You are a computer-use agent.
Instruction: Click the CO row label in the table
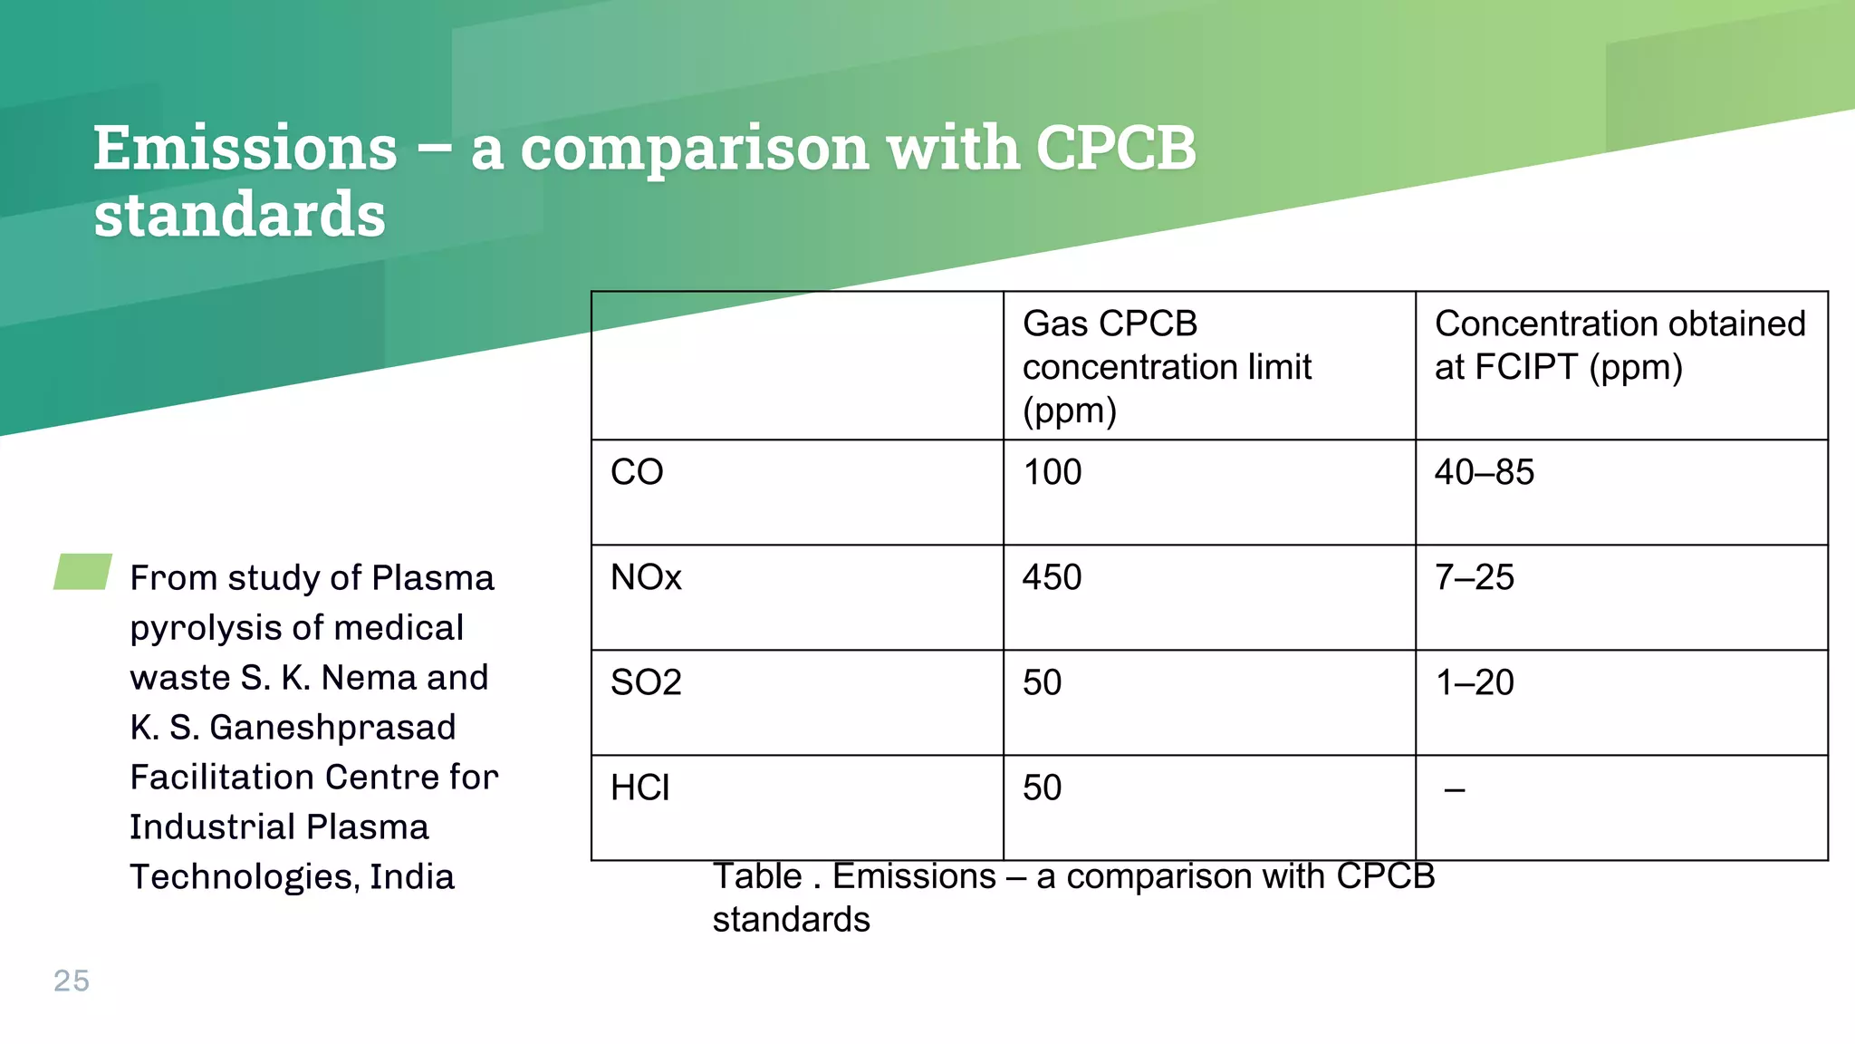click(x=637, y=472)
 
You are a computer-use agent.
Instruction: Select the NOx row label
click(x=646, y=577)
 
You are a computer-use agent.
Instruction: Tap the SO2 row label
click(x=646, y=682)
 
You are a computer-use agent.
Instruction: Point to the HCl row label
click(x=639, y=788)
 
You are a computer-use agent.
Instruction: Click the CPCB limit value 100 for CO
click(x=1052, y=472)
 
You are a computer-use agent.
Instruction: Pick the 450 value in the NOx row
click(x=1052, y=577)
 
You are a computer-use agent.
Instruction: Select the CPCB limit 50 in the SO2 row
click(x=1042, y=682)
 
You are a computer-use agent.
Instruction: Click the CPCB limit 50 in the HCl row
click(x=1042, y=788)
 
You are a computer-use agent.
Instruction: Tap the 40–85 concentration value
click(x=1484, y=472)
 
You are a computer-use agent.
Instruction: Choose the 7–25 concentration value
click(x=1474, y=577)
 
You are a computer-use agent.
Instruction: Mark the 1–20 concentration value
click(x=1474, y=682)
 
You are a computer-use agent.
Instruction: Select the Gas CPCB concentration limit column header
click(x=1167, y=366)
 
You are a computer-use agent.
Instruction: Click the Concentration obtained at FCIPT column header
click(x=1620, y=345)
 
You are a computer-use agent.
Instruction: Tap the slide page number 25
click(x=72, y=981)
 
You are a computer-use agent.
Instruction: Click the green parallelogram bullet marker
click(x=82, y=572)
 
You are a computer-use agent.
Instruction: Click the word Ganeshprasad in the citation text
click(x=332, y=727)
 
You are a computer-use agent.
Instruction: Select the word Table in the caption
click(x=756, y=876)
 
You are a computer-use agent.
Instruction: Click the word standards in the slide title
click(x=240, y=216)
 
